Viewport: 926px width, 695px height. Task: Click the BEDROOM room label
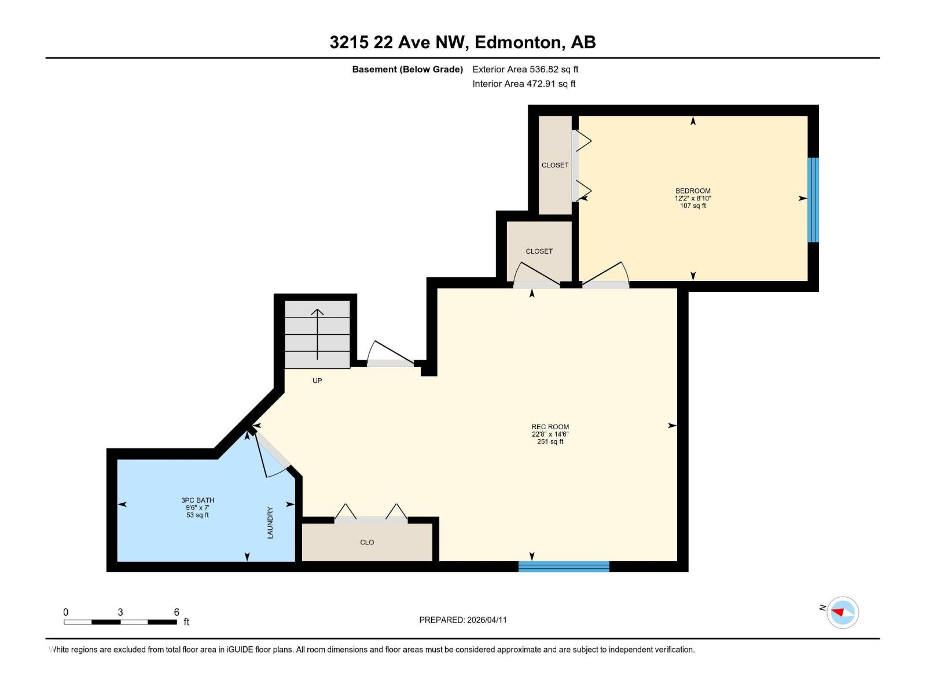(693, 191)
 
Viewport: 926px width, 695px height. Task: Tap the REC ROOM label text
(550, 427)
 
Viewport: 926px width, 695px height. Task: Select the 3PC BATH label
(197, 500)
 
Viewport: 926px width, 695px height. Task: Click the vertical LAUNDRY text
(270, 522)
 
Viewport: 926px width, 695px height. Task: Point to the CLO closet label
(367, 543)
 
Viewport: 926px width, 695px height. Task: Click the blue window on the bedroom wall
(813, 200)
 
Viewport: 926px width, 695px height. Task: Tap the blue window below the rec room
(564, 566)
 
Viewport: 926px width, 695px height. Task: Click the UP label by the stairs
(317, 381)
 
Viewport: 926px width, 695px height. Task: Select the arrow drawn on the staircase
(317, 334)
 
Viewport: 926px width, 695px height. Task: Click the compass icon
(843, 612)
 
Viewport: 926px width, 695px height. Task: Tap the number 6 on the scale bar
(177, 612)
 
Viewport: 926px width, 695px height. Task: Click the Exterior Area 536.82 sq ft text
(525, 69)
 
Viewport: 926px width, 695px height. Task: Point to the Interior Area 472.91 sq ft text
(524, 84)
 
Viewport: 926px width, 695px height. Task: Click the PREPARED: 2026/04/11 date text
(463, 620)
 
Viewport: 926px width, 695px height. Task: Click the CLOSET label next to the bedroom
(554, 165)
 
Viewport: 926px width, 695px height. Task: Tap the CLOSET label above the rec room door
(539, 251)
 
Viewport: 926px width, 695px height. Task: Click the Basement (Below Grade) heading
(407, 69)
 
